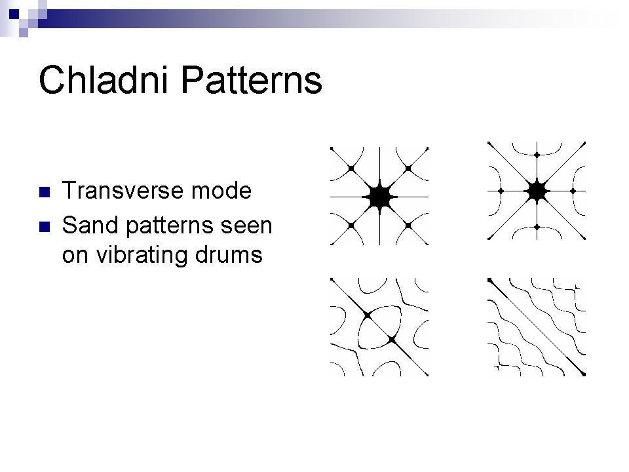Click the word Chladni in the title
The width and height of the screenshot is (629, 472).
[103, 79]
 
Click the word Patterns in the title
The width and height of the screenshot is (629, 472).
[252, 80]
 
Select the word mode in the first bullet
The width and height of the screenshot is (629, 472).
[221, 191]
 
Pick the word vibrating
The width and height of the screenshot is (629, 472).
[142, 255]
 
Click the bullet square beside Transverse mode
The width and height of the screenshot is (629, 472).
[45, 192]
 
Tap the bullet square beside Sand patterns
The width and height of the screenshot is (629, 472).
[45, 227]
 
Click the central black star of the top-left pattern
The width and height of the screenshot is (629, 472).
[379, 197]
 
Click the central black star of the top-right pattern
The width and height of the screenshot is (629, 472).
[537, 191]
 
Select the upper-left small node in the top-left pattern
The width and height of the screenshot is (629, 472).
[351, 168]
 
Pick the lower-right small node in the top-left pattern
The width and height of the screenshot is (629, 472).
[408, 226]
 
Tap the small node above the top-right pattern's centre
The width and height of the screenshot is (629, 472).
[537, 155]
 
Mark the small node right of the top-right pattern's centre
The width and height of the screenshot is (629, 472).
[573, 191]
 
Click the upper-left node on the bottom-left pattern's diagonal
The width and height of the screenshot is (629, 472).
[368, 316]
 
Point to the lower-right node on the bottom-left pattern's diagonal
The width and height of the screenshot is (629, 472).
[392, 340]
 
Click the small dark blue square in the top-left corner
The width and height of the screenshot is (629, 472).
[14, 14]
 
